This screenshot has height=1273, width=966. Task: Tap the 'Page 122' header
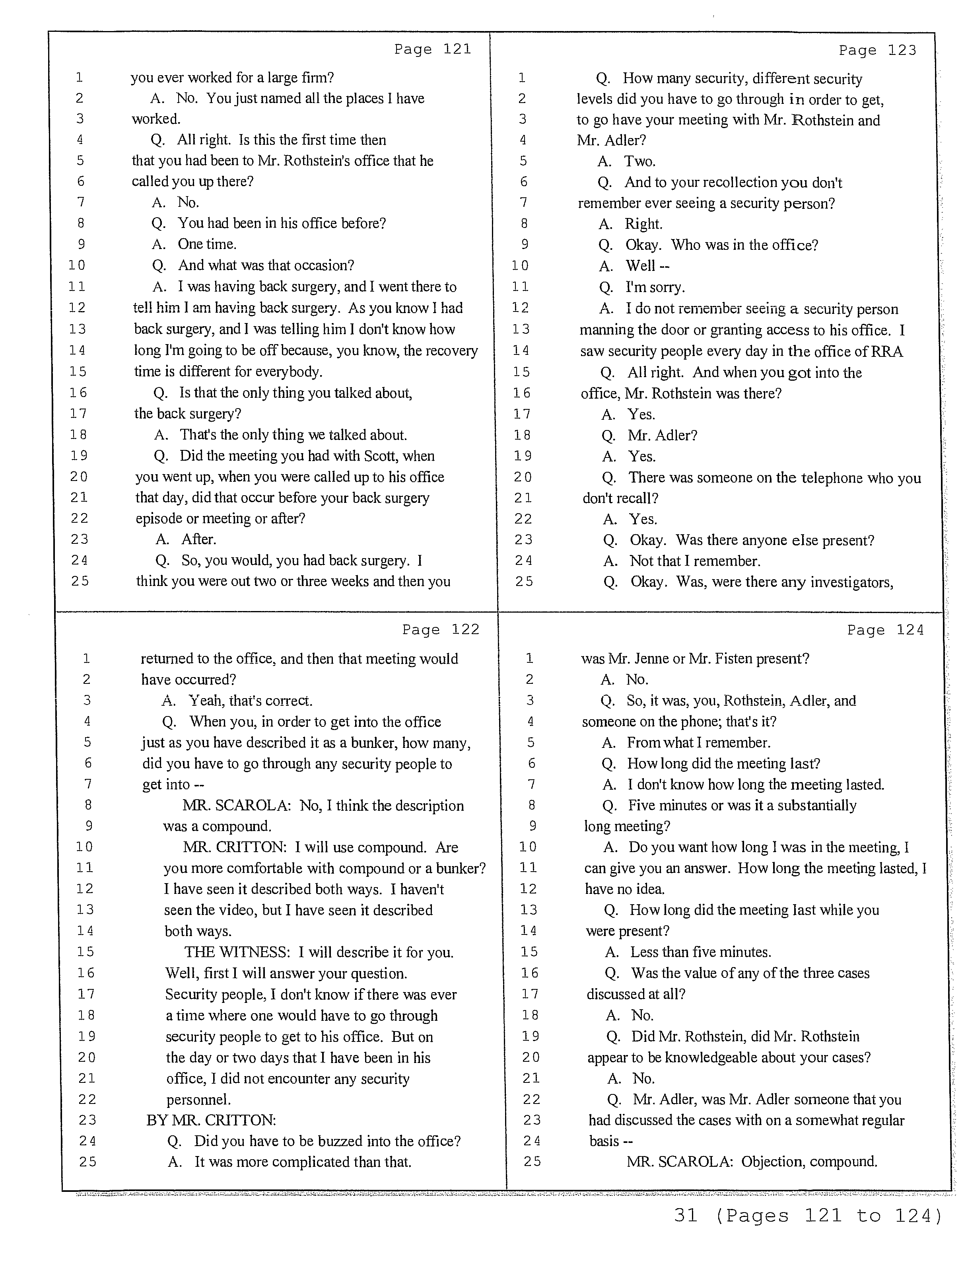tap(440, 630)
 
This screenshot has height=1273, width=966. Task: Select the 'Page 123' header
tap(877, 51)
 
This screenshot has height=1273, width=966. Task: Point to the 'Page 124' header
tap(885, 630)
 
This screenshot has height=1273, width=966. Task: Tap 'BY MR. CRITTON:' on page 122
tap(211, 1120)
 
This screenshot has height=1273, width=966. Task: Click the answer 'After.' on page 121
tap(198, 539)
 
